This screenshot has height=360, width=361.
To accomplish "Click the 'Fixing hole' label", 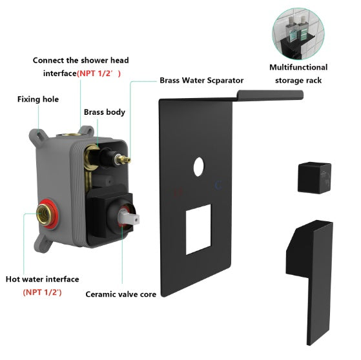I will pyautogui.click(x=38, y=99).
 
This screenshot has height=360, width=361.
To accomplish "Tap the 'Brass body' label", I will pyautogui.click(x=104, y=112).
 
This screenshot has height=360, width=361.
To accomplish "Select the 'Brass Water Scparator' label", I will pyautogui.click(x=201, y=81).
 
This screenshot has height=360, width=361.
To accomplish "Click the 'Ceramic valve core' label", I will pyautogui.click(x=122, y=294).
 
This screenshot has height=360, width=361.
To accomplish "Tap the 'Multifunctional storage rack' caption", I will pyautogui.click(x=298, y=74).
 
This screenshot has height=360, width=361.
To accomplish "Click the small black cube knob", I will pyautogui.click(x=315, y=176).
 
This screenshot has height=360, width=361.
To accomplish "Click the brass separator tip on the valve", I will pyautogui.click(x=127, y=159).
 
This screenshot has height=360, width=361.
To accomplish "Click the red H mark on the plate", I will pyautogui.click(x=180, y=192).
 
